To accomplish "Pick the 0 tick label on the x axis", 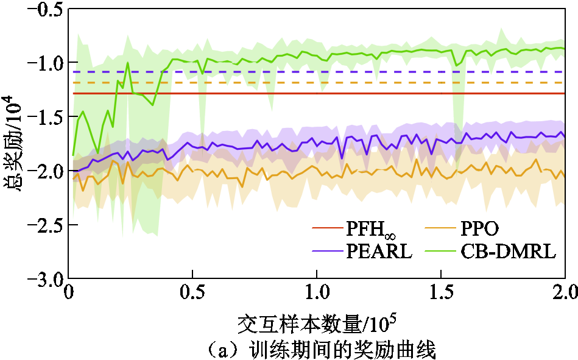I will [69, 295].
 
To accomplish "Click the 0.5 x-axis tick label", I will [192, 295].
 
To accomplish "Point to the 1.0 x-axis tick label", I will [317, 295].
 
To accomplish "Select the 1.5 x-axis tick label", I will [441, 295].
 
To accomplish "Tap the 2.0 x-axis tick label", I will [563, 295].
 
